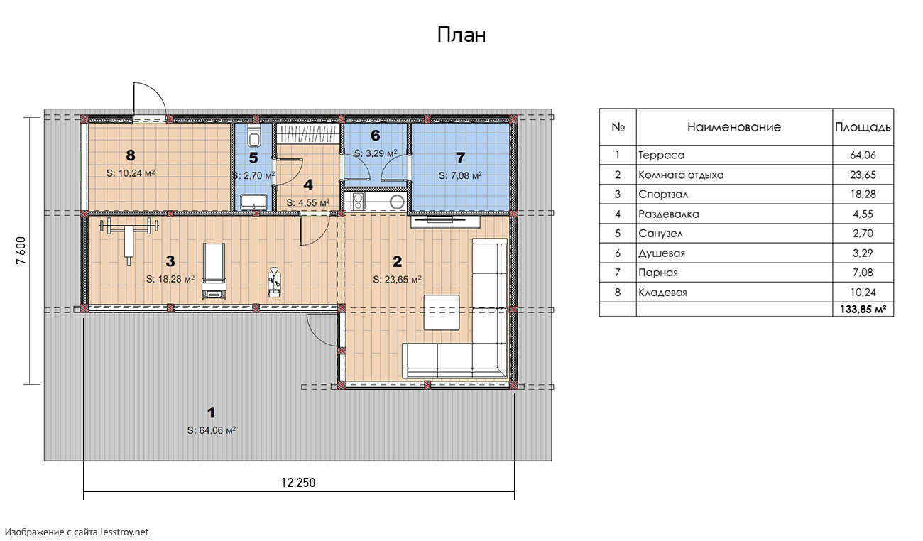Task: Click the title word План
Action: [461, 35]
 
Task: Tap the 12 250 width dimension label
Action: [298, 483]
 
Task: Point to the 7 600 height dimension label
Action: [21, 251]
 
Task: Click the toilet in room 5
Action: [254, 134]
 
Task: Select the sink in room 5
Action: [253, 202]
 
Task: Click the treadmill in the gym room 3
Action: [214, 270]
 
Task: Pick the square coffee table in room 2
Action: [442, 312]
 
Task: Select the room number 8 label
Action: [131, 155]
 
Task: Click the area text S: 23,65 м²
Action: [397, 279]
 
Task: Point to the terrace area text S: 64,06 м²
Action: [212, 430]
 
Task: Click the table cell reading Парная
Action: [658, 273]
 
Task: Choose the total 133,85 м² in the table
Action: [863, 309]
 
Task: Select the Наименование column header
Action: [734, 126]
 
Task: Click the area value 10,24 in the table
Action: [863, 292]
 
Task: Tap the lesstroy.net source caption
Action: [77, 532]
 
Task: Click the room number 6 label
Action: [376, 135]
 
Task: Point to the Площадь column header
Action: [863, 127]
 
